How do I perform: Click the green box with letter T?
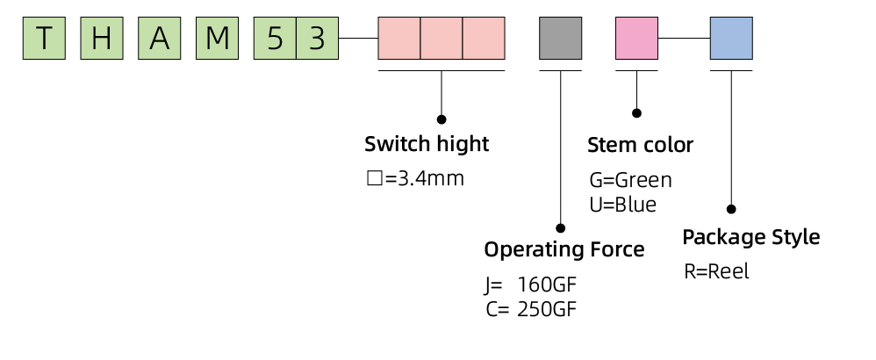(44, 38)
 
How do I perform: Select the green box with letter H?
(102, 38)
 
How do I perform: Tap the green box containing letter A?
(159, 38)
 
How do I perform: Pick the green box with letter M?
(218, 38)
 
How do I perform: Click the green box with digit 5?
(275, 38)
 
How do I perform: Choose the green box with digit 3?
(318, 38)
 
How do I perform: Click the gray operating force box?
(560, 38)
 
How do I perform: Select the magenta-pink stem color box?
(637, 38)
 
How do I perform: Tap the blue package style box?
(731, 38)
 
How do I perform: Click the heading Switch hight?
(427, 144)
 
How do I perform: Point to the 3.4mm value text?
(430, 179)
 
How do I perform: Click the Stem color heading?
(640, 146)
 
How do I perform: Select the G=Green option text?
(631, 181)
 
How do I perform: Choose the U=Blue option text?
(623, 205)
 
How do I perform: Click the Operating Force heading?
(564, 249)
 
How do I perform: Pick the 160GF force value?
(546, 285)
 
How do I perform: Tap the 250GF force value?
(546, 309)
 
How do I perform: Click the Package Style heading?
(751, 237)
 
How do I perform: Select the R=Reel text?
(717, 271)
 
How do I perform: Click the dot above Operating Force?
(560, 228)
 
